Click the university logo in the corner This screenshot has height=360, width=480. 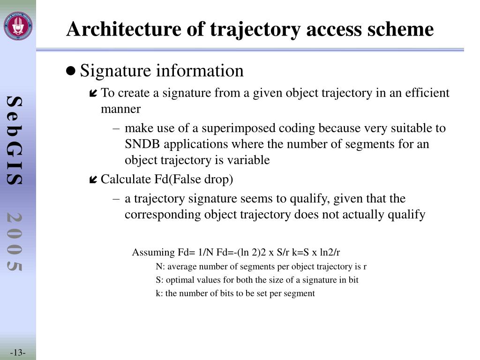tap(18, 26)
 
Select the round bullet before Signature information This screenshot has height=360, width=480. tap(71, 71)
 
